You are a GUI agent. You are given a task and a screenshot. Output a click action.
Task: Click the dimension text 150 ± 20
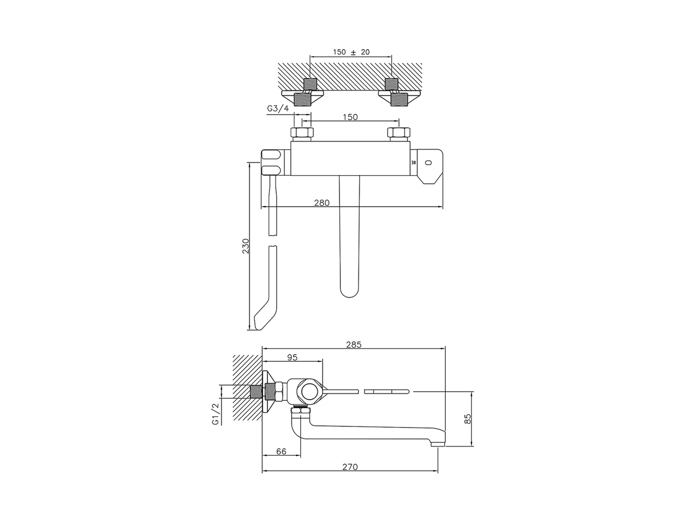click(351, 52)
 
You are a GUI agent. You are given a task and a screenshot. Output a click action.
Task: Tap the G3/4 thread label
click(278, 109)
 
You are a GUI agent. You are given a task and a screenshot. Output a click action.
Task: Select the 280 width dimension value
click(322, 203)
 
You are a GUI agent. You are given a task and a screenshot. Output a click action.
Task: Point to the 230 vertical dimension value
click(246, 246)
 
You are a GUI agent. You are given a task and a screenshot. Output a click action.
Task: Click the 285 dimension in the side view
click(354, 345)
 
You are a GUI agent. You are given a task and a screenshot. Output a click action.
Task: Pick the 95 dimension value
click(292, 357)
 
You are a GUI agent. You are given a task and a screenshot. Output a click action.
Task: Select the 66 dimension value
click(281, 452)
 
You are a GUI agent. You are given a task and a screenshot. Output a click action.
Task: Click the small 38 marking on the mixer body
click(413, 162)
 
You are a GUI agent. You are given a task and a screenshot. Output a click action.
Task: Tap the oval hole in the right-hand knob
click(428, 162)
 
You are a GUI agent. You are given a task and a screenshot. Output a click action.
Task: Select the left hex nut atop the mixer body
click(301, 134)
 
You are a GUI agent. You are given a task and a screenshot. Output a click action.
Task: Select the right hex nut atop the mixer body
click(398, 134)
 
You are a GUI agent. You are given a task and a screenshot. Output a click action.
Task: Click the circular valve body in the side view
click(309, 392)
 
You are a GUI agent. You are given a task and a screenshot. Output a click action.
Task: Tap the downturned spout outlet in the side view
click(437, 441)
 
